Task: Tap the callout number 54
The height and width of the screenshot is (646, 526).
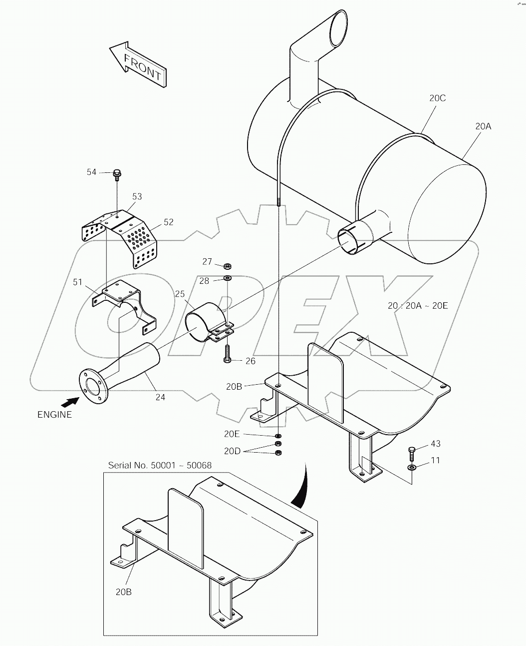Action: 91,172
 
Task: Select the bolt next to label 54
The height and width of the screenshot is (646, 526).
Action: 117,174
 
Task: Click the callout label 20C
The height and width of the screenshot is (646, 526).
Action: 437,98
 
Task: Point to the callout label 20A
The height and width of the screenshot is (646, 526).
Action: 483,127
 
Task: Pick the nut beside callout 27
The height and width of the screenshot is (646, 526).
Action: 227,264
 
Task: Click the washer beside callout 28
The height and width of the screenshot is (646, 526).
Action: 228,278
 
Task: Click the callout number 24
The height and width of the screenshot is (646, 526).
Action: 160,398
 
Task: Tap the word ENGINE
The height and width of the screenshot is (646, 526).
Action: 54,414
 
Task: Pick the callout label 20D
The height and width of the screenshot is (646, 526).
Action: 233,451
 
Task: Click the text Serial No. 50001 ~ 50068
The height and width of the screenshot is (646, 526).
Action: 160,465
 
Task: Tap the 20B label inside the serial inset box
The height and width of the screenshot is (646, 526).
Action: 123,593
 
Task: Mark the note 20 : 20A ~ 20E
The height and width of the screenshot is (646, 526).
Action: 418,305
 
